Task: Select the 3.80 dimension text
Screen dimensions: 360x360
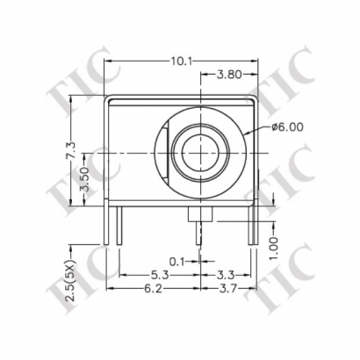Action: [229, 76]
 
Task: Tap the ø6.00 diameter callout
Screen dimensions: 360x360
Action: [287, 126]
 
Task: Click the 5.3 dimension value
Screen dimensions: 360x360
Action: [157, 274]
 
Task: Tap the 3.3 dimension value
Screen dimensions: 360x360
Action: [226, 274]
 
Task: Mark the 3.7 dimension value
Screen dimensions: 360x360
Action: [229, 287]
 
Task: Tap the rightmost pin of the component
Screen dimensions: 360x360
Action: [252, 226]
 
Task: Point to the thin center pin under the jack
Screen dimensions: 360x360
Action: [198, 233]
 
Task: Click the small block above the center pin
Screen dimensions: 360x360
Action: [198, 216]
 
